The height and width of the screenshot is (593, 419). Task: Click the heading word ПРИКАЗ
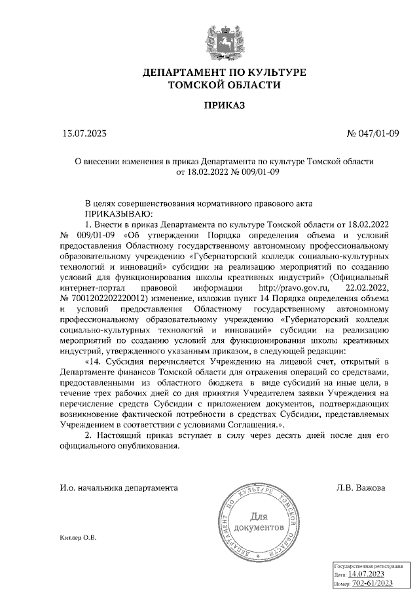[x=223, y=105]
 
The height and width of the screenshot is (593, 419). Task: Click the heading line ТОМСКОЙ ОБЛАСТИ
[x=224, y=84]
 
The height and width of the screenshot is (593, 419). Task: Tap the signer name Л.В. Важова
[x=359, y=488]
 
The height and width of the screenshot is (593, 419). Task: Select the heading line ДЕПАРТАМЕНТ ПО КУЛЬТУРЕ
[x=224, y=71]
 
